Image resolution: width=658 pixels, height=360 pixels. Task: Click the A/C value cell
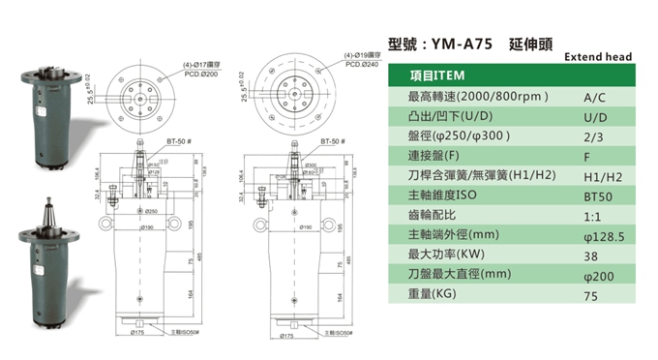pos(595,98)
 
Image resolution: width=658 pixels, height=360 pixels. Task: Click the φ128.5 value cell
pos(601,235)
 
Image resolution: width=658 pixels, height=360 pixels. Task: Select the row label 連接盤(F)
pos(436,156)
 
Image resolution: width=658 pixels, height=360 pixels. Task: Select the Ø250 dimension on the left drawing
pos(151,210)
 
